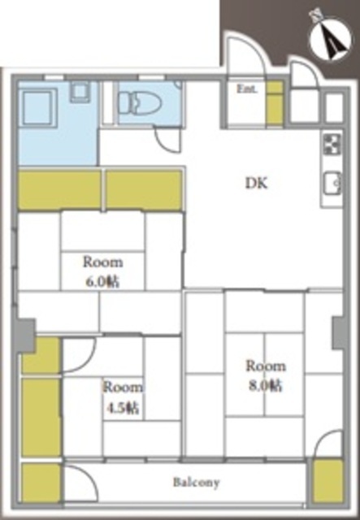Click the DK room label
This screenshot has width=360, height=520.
point(256,183)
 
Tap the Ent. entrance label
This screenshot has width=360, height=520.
point(247,89)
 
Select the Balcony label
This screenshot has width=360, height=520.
point(196,482)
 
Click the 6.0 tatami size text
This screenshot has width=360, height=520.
point(102,282)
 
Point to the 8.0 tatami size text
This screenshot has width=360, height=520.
point(266,385)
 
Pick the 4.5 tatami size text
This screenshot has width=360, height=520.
point(123,408)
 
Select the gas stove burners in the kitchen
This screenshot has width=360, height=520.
point(332,144)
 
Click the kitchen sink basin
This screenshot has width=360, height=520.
point(332,183)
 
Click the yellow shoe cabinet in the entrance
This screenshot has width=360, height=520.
point(275,103)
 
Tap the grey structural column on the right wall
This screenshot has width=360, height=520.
point(338,332)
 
